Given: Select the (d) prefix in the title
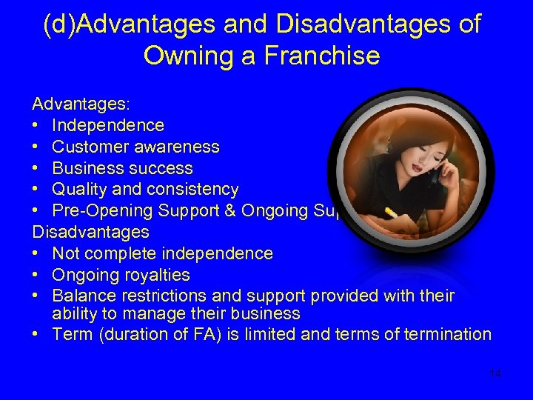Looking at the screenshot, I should pos(59,24).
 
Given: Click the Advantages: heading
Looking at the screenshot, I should pos(80,104).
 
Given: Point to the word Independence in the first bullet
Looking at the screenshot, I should pos(108,126).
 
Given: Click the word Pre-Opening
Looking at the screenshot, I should pos(97,211).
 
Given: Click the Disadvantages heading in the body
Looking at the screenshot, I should pos(90,233).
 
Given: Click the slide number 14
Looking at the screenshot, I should pos(495,373).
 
